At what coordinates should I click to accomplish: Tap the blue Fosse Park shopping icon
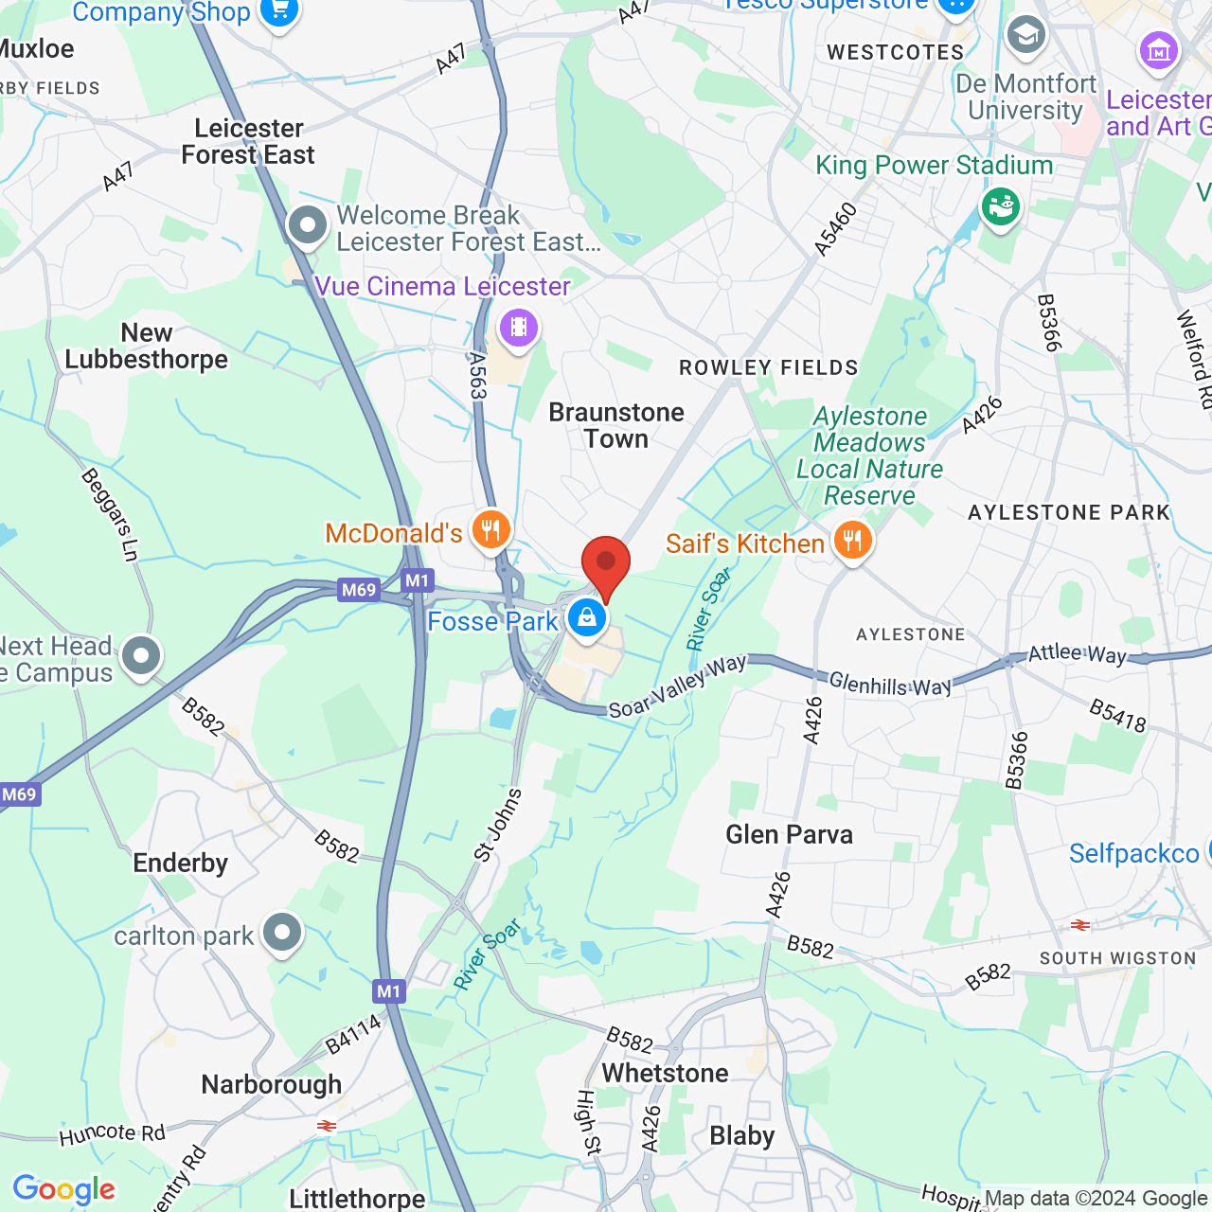(587, 619)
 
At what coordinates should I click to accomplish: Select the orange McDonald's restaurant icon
(490, 530)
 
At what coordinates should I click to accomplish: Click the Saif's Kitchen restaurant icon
(853, 541)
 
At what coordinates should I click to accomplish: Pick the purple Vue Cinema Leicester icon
(518, 329)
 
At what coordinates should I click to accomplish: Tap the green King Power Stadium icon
(1000, 205)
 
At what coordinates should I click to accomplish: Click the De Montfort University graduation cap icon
(1025, 36)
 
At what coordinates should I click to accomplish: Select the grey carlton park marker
(282, 934)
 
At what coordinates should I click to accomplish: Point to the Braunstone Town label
(616, 425)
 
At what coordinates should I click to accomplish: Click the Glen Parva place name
(789, 834)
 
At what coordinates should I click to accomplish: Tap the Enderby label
(181, 863)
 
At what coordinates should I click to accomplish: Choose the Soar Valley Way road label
(677, 686)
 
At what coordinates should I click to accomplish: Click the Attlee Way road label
(1078, 653)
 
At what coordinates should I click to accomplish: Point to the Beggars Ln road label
(111, 515)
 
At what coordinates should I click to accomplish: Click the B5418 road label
(1117, 716)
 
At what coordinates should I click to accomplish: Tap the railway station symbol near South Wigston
(1079, 925)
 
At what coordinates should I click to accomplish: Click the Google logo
(64, 1189)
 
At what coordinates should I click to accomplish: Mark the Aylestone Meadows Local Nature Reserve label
(869, 455)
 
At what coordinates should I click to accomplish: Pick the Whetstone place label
(666, 1073)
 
